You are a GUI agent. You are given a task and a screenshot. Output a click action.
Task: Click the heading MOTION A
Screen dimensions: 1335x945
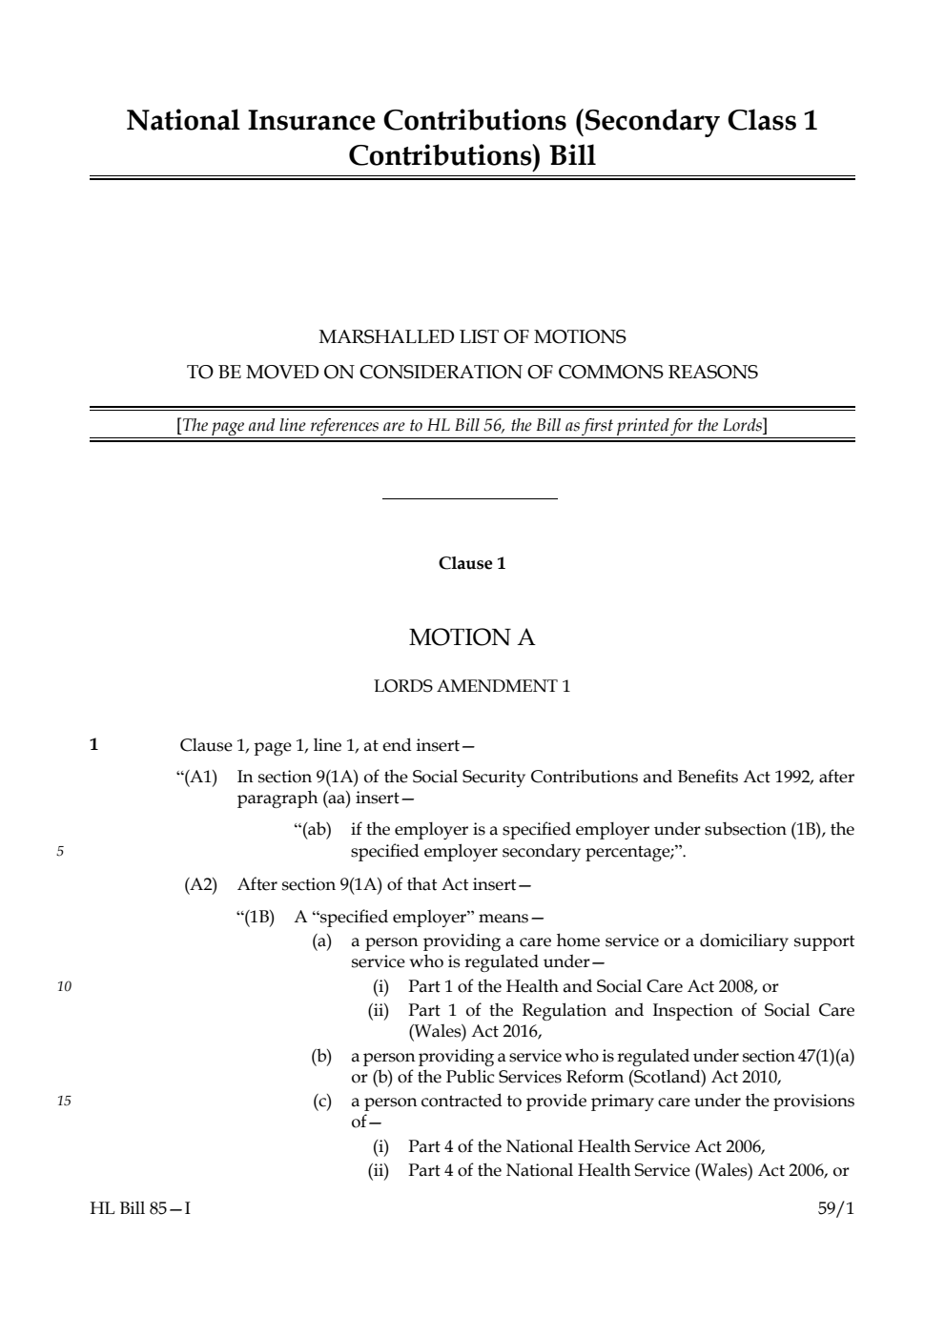pos(472,637)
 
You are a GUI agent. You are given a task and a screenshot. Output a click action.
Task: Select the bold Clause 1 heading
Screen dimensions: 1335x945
pos(472,563)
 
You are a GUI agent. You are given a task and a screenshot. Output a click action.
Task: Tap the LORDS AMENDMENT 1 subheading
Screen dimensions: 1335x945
pos(472,686)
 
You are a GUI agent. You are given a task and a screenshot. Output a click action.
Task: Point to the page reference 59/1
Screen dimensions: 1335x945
pos(836,1208)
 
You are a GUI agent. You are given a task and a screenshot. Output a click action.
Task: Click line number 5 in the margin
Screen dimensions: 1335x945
pos(60,852)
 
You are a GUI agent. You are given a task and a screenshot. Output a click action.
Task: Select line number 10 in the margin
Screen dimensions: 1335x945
pos(64,987)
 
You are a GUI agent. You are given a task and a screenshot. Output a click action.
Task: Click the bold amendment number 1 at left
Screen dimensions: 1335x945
pos(93,745)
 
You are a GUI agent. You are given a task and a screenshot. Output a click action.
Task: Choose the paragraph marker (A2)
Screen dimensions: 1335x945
pos(200,884)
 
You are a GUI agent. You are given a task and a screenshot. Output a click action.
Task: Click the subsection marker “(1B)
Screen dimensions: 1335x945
pos(255,918)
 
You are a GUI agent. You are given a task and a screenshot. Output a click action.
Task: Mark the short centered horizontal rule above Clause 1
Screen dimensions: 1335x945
pos(469,498)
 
